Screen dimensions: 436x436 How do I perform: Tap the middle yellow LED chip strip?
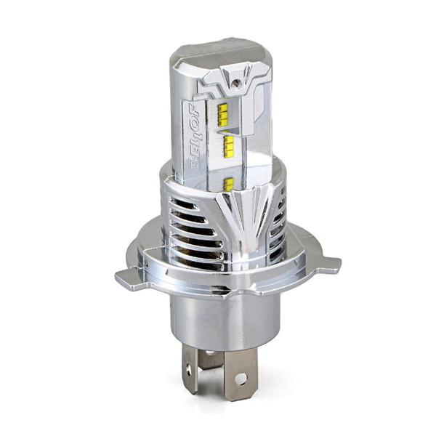[x=228, y=145]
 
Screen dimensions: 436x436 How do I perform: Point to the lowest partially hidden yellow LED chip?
[x=229, y=184]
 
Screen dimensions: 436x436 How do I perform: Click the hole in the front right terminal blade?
[x=241, y=379]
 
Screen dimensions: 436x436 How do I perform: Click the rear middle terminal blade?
[x=211, y=357]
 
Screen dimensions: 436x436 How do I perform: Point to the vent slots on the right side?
[x=279, y=218]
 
